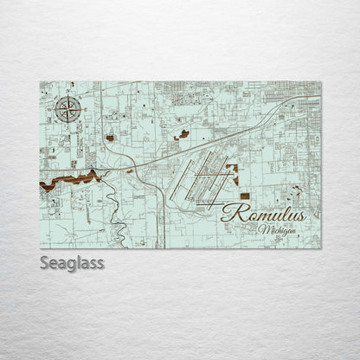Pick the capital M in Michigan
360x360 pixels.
262,229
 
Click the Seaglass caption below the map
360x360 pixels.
73,262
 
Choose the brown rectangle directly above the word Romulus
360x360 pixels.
244,196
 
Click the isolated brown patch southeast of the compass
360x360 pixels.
111,137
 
